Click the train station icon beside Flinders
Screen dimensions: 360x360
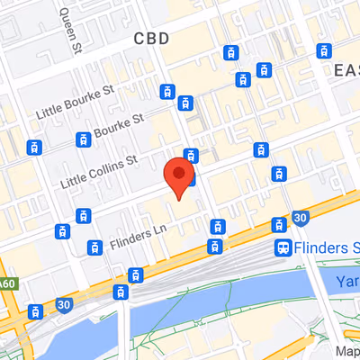click(283, 247)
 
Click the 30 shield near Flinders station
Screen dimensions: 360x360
click(301, 218)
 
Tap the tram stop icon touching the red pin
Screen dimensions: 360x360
click(190, 155)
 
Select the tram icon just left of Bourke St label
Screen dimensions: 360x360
click(84, 139)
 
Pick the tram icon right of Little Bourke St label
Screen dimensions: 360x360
click(166, 91)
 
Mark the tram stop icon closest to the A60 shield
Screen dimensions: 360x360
click(35, 312)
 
